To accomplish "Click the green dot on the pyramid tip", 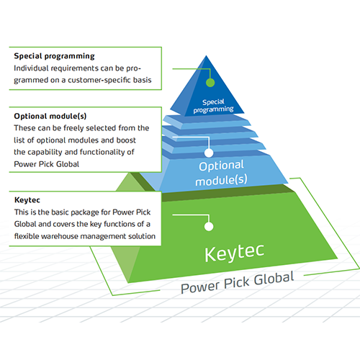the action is coord(210,82).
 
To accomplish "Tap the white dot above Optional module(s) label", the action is coord(209,153).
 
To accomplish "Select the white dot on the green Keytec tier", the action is coord(209,226).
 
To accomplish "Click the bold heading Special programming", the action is coord(54,56).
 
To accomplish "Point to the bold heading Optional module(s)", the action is coord(50,116).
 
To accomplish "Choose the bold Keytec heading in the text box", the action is coord(27,200).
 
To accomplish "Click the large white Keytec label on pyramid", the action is coord(234,253).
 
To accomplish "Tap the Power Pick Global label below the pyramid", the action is coord(238,282).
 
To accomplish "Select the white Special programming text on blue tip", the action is coord(213,106).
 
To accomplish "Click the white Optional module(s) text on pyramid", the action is coord(221,173).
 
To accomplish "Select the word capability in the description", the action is coord(45,153).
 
